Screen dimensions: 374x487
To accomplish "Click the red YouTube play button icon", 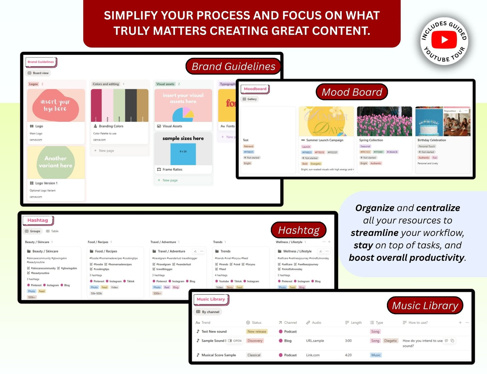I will click(x=444, y=40).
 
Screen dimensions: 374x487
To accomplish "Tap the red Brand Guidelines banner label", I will click(x=233, y=66).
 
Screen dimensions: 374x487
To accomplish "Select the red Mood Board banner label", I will click(x=352, y=92).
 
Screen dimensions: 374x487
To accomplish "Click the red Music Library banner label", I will click(x=425, y=305).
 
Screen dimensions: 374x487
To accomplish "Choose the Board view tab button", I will click(x=38, y=73).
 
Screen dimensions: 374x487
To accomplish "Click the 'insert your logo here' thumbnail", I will click(x=56, y=105).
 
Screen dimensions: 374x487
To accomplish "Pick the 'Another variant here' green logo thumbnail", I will click(x=56, y=162).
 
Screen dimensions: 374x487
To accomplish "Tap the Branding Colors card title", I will click(x=111, y=126).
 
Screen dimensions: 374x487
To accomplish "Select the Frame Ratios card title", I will click(x=172, y=169).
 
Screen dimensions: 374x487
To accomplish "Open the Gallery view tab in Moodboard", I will click(x=250, y=99).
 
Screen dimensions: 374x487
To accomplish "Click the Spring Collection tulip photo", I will click(x=384, y=121).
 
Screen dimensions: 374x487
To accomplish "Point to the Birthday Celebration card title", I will click(x=431, y=140).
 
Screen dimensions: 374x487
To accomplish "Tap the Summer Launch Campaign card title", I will click(x=325, y=140).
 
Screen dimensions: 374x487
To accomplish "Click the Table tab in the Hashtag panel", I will click(x=53, y=231).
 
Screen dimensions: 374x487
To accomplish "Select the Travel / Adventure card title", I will click(x=172, y=251).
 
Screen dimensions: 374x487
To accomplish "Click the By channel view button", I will click(x=208, y=312).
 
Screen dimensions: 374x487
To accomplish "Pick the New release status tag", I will click(x=256, y=332).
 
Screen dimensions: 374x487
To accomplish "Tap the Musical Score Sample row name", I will click(x=218, y=355).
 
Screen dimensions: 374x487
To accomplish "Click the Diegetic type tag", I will click(x=390, y=341).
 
